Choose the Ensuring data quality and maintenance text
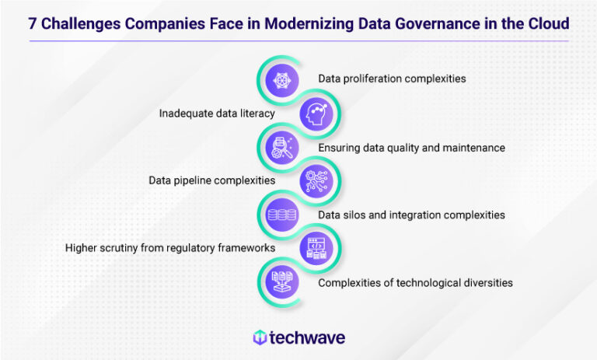[412, 147]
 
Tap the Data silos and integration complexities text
[412, 214]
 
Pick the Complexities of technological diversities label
[415, 282]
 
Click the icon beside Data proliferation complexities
[278, 79]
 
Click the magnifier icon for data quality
[278, 147]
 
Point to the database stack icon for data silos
[278, 214]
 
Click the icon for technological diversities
[278, 282]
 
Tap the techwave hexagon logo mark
[260, 337]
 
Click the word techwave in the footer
[307, 337]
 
